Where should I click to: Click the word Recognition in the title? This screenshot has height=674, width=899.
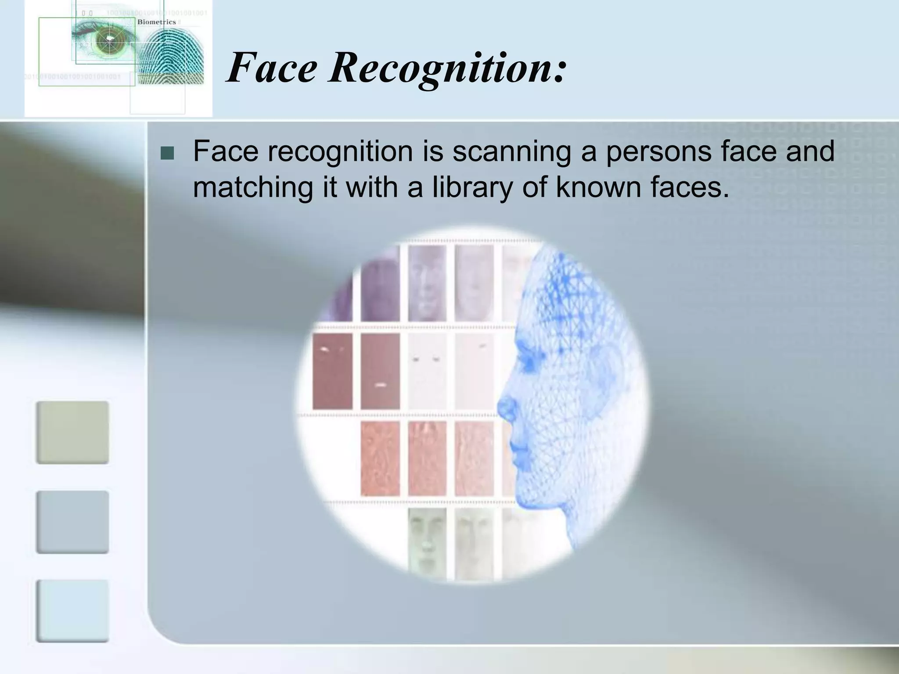pos(448,68)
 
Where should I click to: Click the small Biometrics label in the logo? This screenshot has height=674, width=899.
pos(156,22)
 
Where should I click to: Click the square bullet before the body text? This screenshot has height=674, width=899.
pos(167,153)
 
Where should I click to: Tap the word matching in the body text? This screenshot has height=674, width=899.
pos(253,187)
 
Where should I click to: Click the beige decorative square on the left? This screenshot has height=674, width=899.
pos(72,432)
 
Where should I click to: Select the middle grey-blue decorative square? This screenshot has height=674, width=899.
pos(72,522)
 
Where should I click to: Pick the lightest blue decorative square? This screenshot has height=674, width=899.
pos(72,611)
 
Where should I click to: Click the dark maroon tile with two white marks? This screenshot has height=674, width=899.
pos(332,371)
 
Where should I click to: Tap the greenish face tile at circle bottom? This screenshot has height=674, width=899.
pos(427,544)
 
